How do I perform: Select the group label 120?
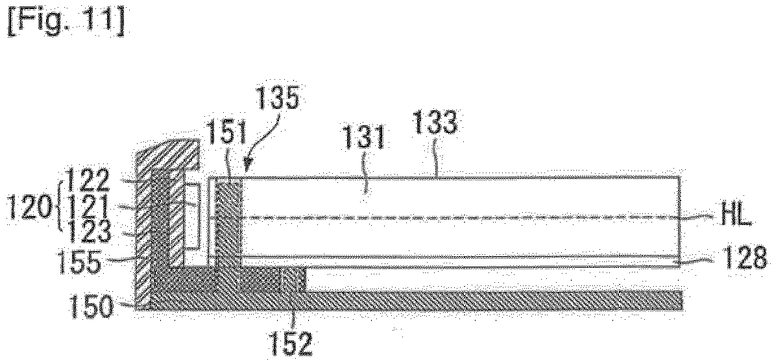(29, 209)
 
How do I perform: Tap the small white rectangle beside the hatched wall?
(193, 217)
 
